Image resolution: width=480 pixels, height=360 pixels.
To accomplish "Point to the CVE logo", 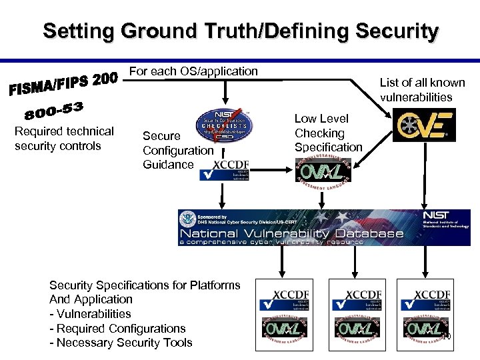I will click(x=424, y=125).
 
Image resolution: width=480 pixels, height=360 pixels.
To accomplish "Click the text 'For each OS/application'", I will click(x=193, y=71).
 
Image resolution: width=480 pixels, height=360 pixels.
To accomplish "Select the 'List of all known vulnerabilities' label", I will click(x=422, y=89).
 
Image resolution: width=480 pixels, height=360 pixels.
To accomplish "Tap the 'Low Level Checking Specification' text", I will click(x=328, y=133).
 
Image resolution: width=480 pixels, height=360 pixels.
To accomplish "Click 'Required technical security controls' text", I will click(x=64, y=138).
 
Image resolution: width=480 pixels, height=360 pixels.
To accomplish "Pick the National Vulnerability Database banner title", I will click(x=291, y=233).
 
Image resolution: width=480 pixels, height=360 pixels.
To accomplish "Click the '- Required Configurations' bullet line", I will click(x=117, y=328).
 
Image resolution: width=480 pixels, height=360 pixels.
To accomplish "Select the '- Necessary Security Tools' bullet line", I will click(x=121, y=343).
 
